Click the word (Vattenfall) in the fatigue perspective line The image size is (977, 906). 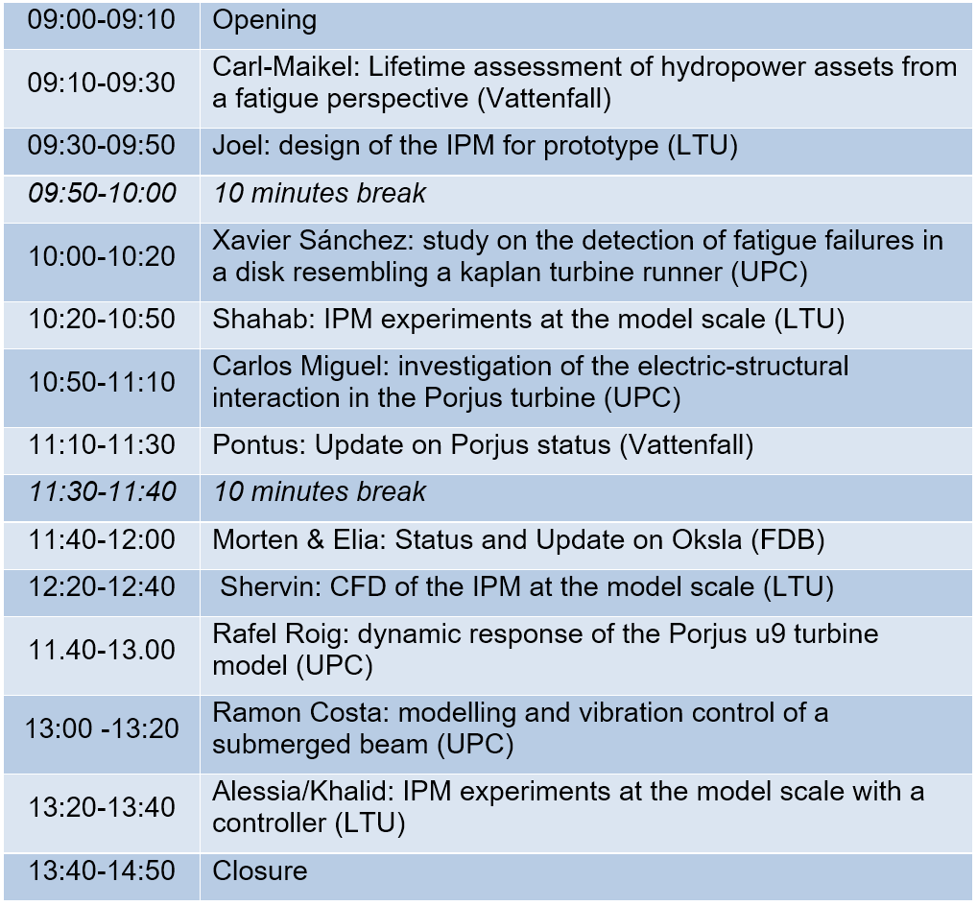click(x=544, y=99)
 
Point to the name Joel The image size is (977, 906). click(x=241, y=145)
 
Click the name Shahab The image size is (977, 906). click(x=263, y=319)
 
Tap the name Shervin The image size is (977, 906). click(x=270, y=586)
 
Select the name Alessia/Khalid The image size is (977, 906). click(x=303, y=791)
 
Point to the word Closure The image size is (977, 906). click(x=260, y=870)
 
